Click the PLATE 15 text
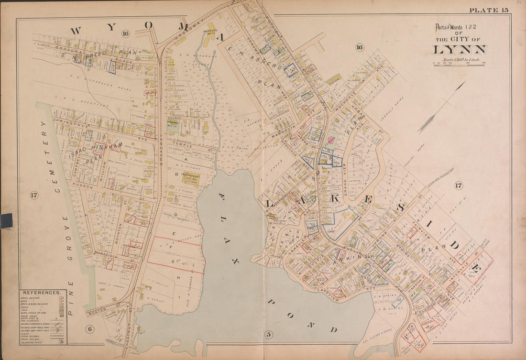[x=488, y=10]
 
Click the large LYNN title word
[x=460, y=50]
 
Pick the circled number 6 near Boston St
[x=89, y=328]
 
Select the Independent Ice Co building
[x=190, y=178]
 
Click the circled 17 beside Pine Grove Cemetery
[x=33, y=195]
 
